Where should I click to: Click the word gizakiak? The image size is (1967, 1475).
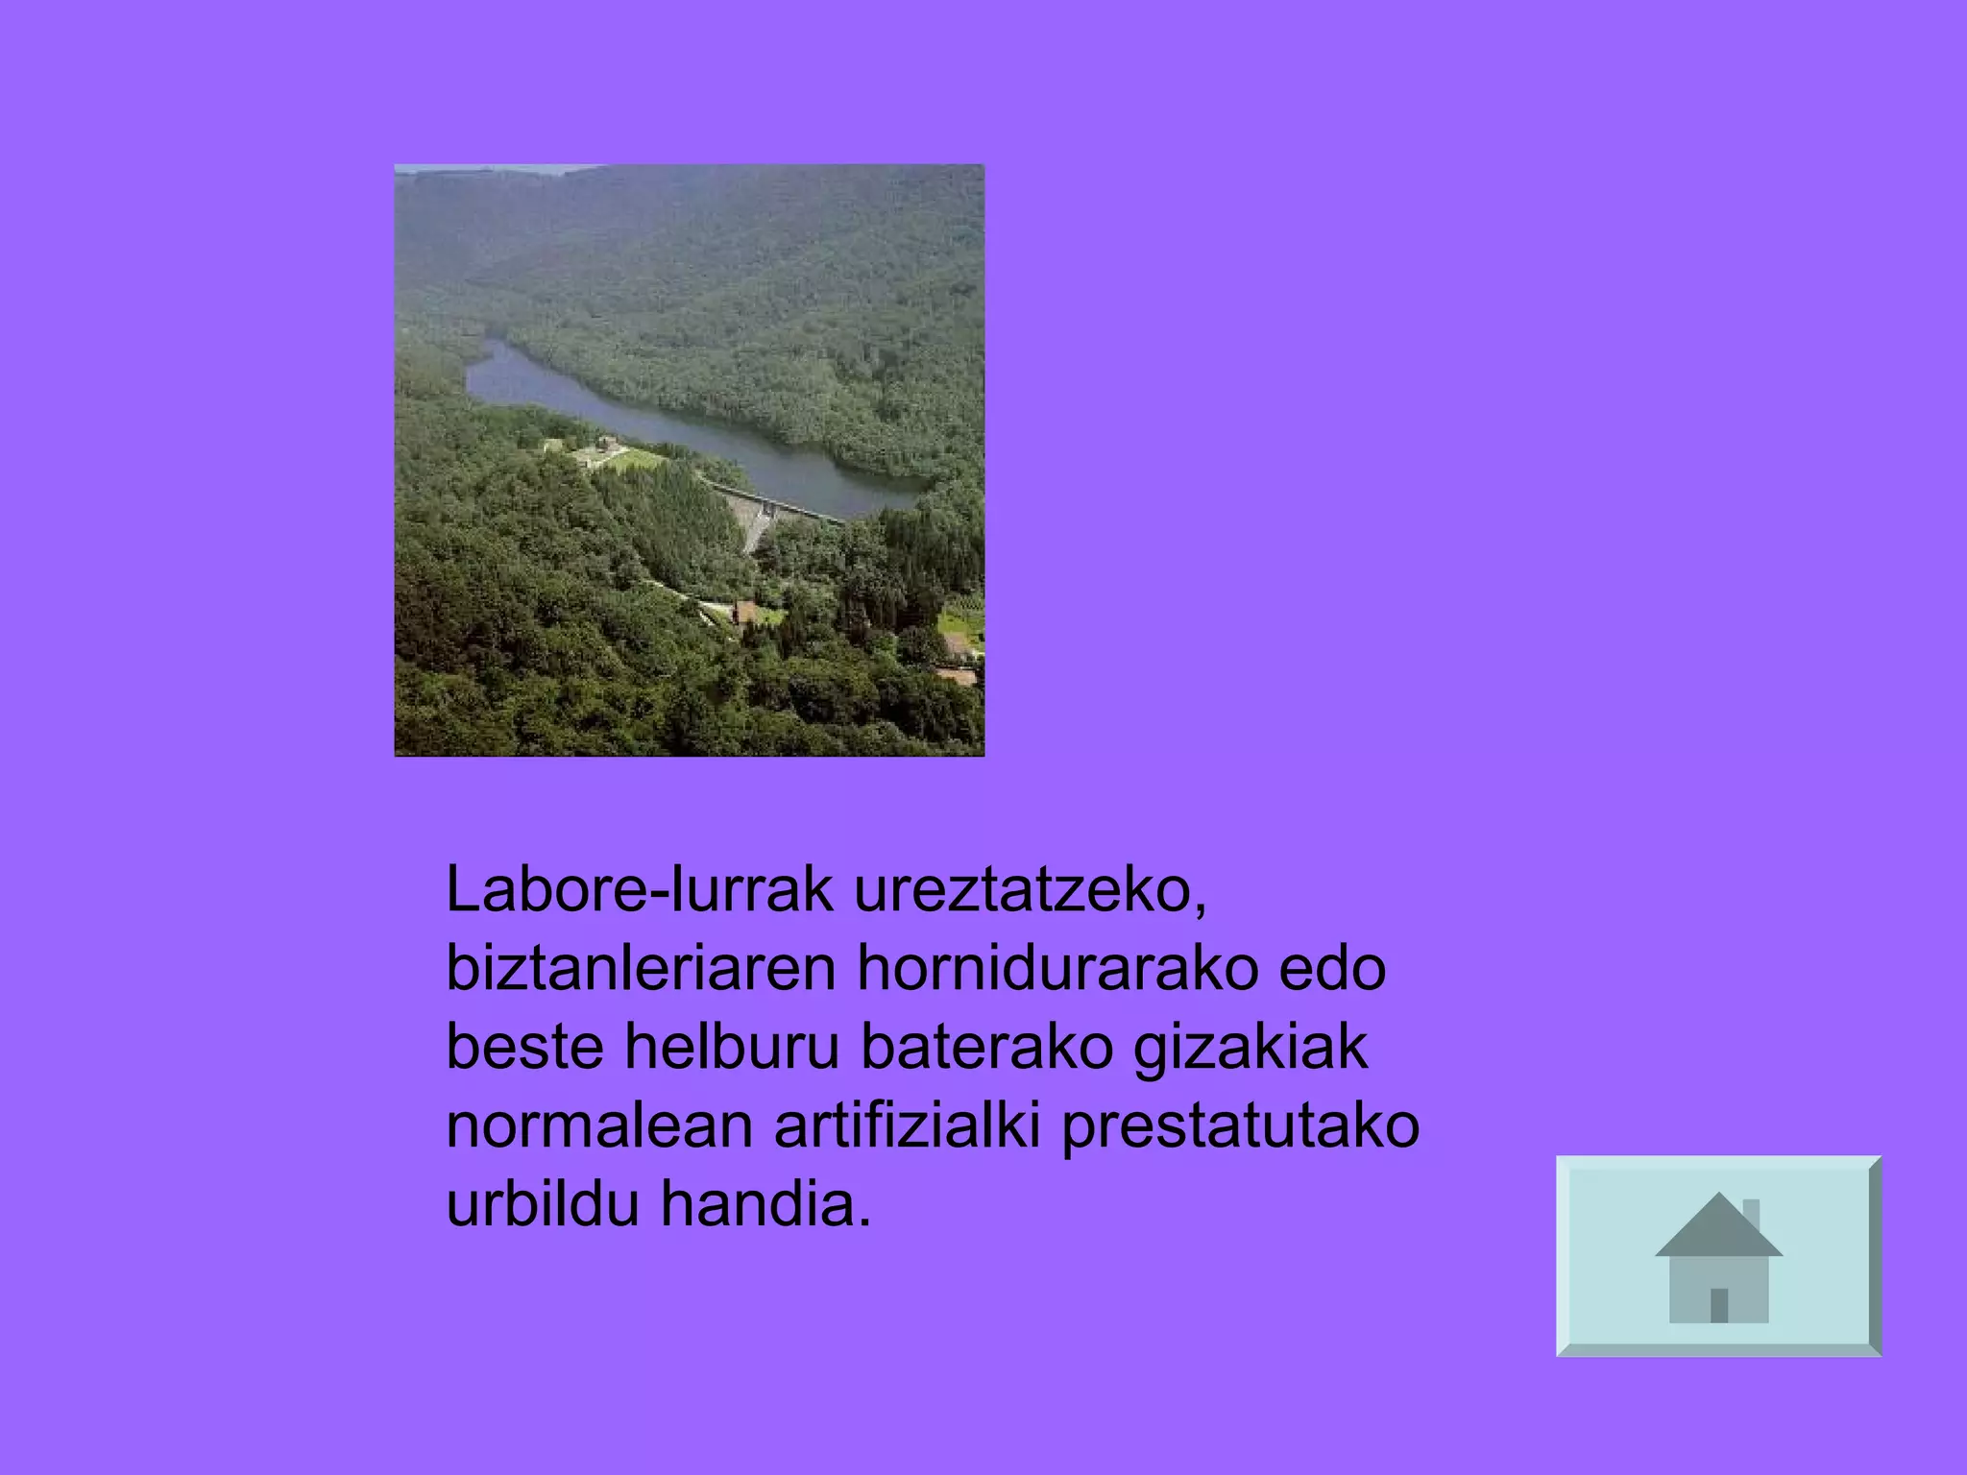(1251, 1049)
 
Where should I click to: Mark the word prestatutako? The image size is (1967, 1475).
(1240, 1126)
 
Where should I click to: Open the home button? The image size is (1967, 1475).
(1718, 1256)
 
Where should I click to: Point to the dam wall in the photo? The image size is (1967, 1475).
(754, 519)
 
